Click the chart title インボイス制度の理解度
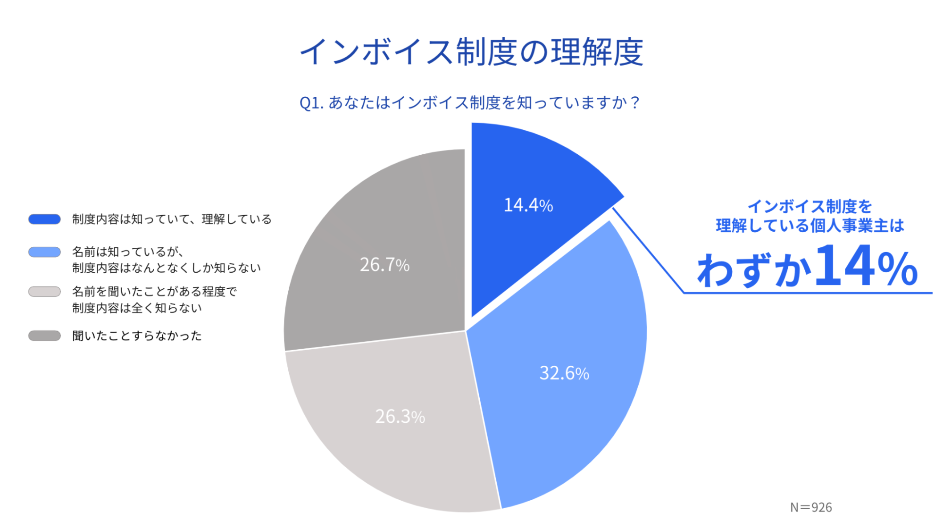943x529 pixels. point(471,52)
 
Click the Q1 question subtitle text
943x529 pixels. point(470,102)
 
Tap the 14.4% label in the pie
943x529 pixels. point(528,205)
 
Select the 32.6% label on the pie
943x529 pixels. point(564,373)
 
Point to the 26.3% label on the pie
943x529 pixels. point(400,417)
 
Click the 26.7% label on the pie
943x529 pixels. point(384,265)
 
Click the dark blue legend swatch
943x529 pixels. point(44,219)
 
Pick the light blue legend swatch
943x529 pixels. point(44,252)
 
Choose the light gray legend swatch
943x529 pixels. point(44,292)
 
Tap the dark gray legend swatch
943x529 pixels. point(44,336)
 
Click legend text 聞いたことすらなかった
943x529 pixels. point(137,336)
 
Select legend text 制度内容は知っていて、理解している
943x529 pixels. point(172,219)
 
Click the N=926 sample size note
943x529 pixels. point(811,507)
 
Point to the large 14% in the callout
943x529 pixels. point(866,267)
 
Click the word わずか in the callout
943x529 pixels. point(754,270)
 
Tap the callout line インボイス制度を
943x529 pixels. point(809,206)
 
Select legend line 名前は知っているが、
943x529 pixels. point(128,252)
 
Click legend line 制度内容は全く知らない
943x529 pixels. point(137,308)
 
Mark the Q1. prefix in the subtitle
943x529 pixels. point(311,103)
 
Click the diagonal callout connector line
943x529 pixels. point(648,251)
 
